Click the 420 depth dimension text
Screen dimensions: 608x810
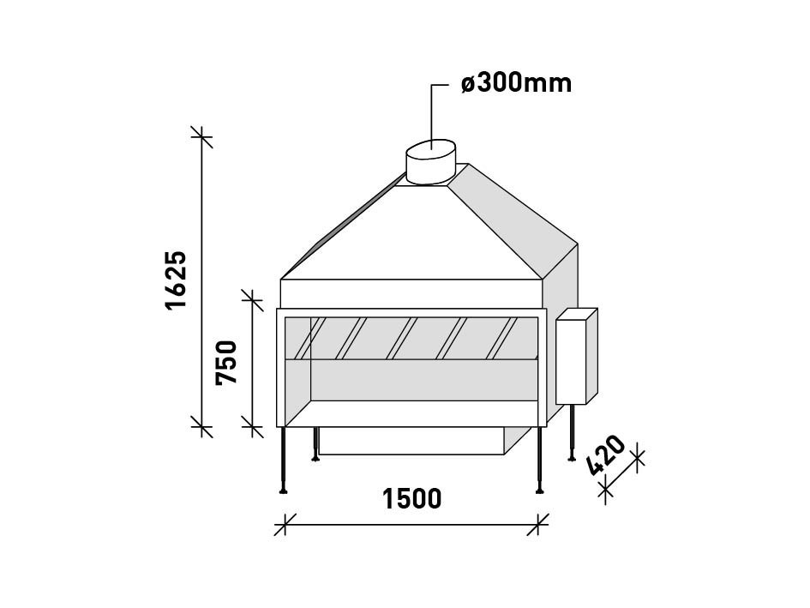[x=606, y=457]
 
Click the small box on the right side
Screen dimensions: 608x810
[x=575, y=357]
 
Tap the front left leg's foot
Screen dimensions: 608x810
[x=283, y=490]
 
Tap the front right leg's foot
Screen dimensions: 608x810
[x=539, y=490]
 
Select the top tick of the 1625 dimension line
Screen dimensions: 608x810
[x=202, y=135]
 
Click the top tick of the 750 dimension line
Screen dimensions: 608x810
[x=252, y=298]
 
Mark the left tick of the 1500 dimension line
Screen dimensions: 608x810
[x=285, y=523]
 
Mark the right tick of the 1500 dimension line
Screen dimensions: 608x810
[x=538, y=523]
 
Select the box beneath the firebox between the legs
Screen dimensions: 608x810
[x=411, y=441]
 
